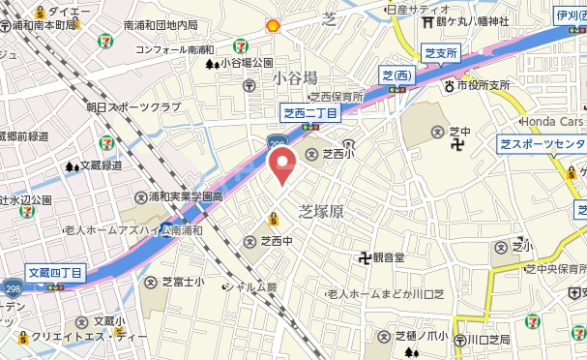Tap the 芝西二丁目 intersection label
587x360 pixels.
(309, 114)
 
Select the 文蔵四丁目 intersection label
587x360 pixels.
(55, 272)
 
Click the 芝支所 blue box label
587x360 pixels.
(441, 54)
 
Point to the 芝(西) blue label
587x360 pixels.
(396, 75)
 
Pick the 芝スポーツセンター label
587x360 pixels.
(543, 143)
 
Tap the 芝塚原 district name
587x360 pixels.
(320, 210)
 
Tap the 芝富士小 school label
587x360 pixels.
(181, 282)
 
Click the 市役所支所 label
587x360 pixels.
(483, 85)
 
